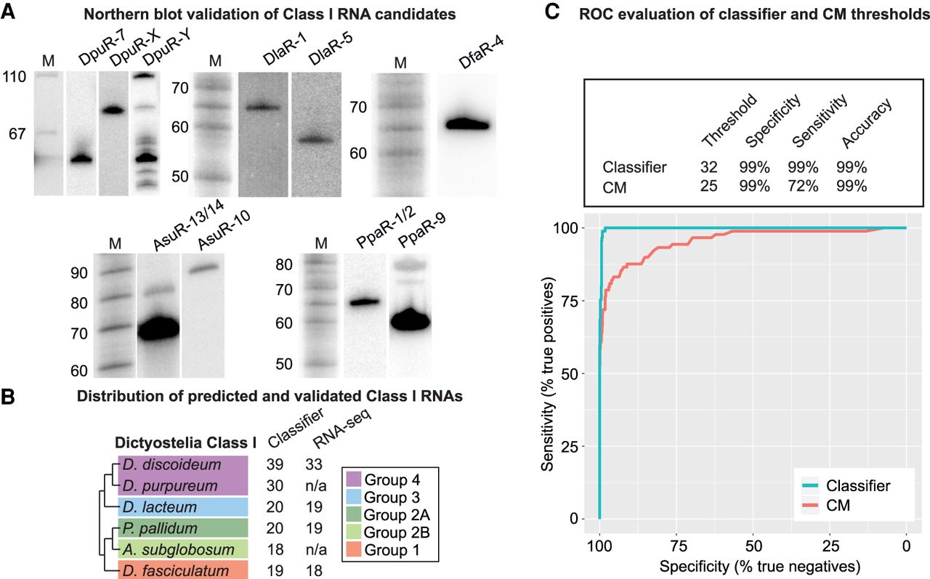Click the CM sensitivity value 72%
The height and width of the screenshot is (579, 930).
click(x=803, y=186)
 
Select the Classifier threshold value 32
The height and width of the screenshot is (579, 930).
click(x=709, y=167)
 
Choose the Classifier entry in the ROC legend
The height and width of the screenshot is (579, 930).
click(x=857, y=485)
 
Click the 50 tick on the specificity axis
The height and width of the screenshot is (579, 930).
click(x=753, y=546)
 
